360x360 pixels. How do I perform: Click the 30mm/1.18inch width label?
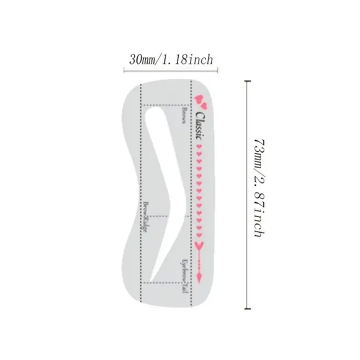pos(171,60)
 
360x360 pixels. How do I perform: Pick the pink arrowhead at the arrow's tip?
pos(200,276)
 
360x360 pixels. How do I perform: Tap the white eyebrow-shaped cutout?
pos(163,186)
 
